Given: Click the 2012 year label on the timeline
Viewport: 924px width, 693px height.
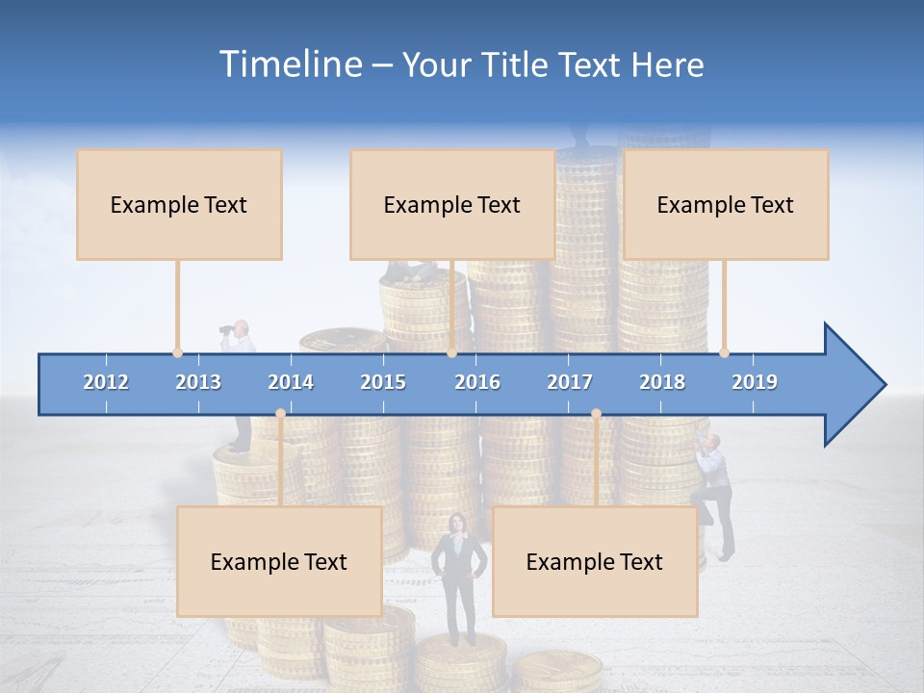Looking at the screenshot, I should [x=106, y=382].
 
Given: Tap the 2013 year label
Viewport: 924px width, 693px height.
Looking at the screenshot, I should [x=198, y=382].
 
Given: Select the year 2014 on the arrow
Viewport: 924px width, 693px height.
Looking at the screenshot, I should [x=291, y=382].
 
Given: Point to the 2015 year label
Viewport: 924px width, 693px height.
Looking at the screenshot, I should [x=383, y=382].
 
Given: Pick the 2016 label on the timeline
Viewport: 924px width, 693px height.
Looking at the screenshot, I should [x=477, y=382].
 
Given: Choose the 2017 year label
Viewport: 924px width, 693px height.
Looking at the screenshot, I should [x=570, y=382].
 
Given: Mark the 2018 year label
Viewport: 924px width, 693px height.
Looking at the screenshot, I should [x=662, y=382].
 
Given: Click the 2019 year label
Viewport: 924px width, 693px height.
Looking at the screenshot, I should [x=755, y=382].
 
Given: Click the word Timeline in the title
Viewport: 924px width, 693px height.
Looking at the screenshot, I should [x=289, y=64].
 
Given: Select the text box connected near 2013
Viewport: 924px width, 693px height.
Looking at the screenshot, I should [x=179, y=204].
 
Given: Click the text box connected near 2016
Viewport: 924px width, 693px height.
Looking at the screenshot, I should [x=452, y=204].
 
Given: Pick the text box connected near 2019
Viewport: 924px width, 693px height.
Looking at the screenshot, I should [x=726, y=204].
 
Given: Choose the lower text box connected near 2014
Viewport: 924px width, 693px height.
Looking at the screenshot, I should [x=279, y=561].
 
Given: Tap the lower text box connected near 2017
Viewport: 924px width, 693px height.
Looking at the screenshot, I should [x=595, y=561].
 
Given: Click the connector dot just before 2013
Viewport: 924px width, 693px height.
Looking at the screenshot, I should [x=177, y=352].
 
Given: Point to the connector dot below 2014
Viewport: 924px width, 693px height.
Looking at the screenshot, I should [x=280, y=413].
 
